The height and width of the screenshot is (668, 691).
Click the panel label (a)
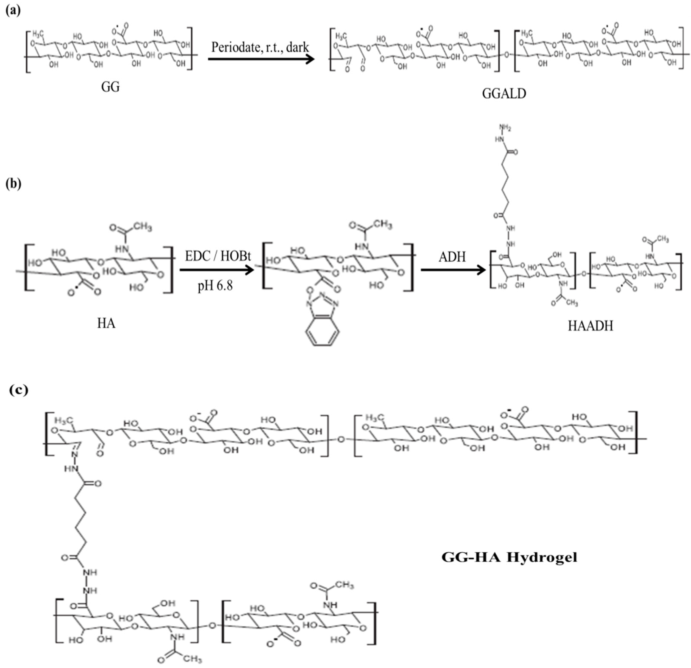(x=13, y=11)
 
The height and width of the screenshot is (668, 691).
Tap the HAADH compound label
(x=590, y=326)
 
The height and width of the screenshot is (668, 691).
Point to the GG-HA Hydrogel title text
(x=509, y=557)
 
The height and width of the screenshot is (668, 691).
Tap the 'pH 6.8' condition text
(x=215, y=285)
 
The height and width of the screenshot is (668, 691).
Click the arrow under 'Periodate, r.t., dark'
(x=261, y=59)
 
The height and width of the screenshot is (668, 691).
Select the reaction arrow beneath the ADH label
(x=453, y=270)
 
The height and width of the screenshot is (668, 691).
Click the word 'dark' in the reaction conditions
(x=297, y=47)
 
